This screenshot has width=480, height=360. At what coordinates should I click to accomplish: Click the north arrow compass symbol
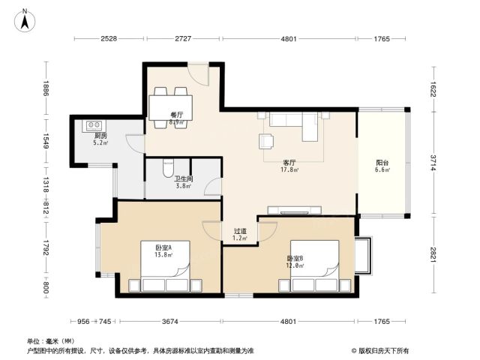pos(25,21)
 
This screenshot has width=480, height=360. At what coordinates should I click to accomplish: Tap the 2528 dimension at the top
pos(109,38)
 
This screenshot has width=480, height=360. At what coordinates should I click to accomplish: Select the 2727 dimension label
pos(183,38)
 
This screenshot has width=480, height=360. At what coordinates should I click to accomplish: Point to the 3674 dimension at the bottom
pos(170,321)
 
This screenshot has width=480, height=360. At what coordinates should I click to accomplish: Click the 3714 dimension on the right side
pos(433,163)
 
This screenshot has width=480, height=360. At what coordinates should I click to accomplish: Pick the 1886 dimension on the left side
pos(46,88)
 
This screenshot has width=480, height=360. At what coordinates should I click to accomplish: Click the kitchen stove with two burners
pos(94,125)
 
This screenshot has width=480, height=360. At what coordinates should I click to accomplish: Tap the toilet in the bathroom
pos(168,168)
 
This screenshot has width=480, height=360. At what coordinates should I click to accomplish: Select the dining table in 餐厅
pos(170,108)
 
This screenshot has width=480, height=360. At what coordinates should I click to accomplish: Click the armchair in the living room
pos(266,142)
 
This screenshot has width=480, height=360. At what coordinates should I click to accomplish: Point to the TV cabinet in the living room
pos(295,210)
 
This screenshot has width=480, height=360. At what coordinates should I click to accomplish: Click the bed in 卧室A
pos(165,265)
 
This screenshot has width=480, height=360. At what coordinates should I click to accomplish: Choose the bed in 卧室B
pos(315,265)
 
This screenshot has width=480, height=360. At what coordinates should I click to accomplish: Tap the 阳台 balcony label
pos(382,163)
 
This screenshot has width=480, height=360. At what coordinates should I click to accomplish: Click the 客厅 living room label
pos(289,163)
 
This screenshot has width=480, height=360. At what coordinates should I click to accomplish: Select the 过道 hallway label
pos(240,231)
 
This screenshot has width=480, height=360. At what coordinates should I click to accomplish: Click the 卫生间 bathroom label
pos(183,178)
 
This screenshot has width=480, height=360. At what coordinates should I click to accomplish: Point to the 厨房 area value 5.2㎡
pos(100,142)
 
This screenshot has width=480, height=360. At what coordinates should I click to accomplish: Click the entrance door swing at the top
pos(198,74)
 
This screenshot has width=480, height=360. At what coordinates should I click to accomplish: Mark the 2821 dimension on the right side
pos(433,254)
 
